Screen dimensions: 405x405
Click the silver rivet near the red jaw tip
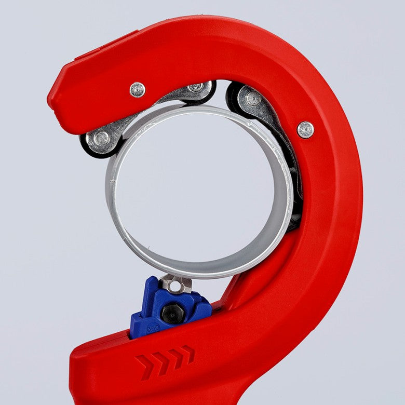click(138, 90)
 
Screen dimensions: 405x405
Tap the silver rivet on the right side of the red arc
click(305, 129)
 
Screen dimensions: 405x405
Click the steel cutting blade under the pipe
click(176, 283)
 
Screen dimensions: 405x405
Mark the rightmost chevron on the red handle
click(188, 354)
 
